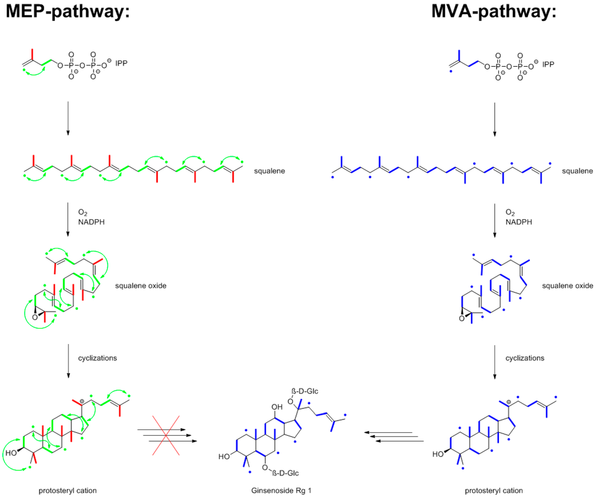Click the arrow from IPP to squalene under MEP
pyautogui.click(x=68, y=118)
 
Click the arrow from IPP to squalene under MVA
pyautogui.click(x=495, y=118)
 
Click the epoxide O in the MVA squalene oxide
pyautogui.click(x=462, y=318)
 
